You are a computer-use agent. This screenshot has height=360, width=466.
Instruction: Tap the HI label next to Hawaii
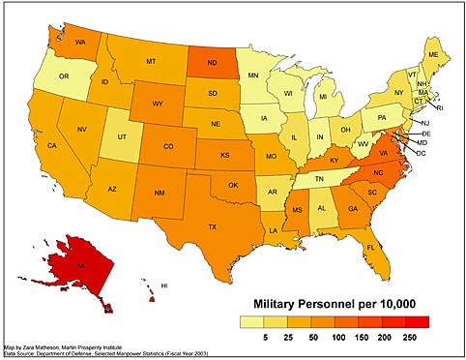click(x=164, y=285)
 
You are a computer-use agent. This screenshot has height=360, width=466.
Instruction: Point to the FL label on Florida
click(x=371, y=248)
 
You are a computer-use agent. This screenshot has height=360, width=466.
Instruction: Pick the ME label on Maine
click(x=432, y=54)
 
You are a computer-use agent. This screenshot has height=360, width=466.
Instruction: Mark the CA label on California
click(x=52, y=146)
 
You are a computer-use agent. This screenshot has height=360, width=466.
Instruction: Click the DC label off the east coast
click(x=422, y=153)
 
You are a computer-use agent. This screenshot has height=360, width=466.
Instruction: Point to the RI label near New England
click(x=439, y=107)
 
